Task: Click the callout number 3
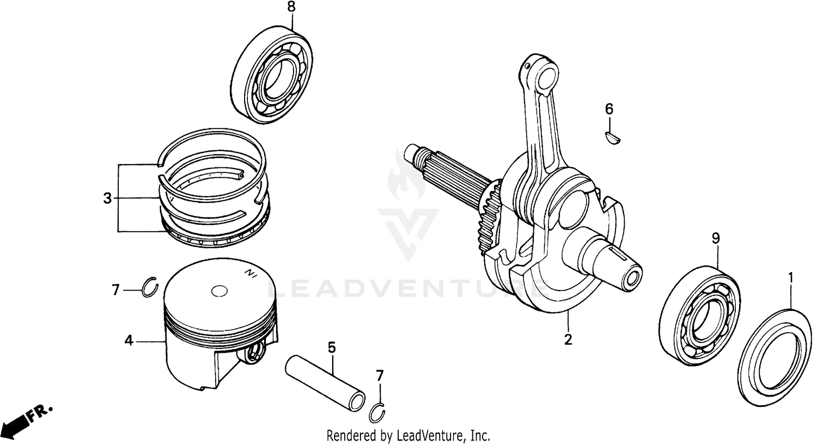[x=107, y=199]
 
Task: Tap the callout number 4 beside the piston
[x=129, y=341]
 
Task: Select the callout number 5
[x=332, y=347]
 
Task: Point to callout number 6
[x=609, y=109]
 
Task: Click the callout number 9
[x=716, y=238]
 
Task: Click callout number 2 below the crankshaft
[x=568, y=340]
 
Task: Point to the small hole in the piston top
[x=220, y=291]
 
